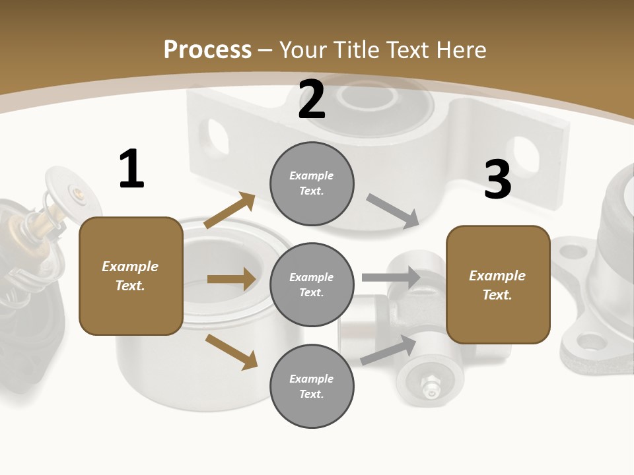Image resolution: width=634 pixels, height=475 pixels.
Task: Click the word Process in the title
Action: click(x=207, y=50)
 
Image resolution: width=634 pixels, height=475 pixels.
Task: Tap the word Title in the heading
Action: click(x=355, y=50)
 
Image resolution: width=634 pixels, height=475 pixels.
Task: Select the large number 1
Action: click(x=131, y=170)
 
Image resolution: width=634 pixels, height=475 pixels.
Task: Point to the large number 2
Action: click(x=312, y=100)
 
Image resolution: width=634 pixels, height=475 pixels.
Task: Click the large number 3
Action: click(x=497, y=180)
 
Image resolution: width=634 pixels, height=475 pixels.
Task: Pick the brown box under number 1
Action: click(x=131, y=276)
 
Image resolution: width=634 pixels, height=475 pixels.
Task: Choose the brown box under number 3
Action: click(x=498, y=284)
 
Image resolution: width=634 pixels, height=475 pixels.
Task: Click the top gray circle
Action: click(x=312, y=183)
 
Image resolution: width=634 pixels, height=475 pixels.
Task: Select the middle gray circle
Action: click(x=312, y=284)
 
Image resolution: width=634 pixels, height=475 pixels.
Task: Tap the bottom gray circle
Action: click(x=312, y=386)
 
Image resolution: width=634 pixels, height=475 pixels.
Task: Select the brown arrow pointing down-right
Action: click(x=231, y=351)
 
